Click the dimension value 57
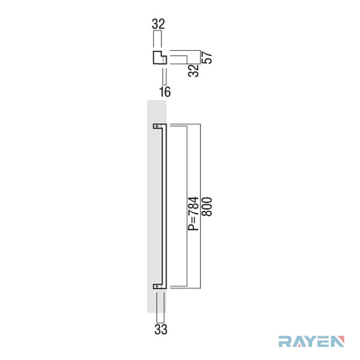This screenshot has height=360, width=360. (207, 57)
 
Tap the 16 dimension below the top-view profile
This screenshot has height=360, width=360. (165, 92)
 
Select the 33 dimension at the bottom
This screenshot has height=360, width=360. (161, 329)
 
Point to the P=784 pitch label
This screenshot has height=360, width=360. (193, 214)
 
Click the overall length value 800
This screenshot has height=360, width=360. (206, 206)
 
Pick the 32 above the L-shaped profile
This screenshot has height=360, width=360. (158, 24)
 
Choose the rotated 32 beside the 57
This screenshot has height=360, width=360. (193, 70)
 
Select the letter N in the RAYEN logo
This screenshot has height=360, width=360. (338, 342)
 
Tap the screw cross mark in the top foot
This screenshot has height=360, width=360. (157, 126)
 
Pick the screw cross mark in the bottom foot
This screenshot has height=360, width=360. (157, 286)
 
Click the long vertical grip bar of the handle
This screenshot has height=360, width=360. (164, 206)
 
